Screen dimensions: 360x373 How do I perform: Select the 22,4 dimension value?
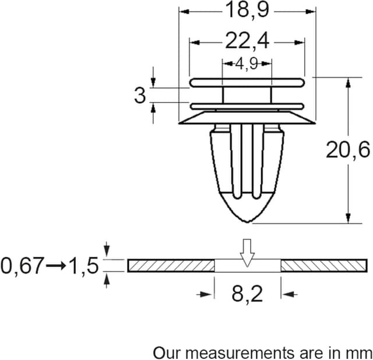(247, 42)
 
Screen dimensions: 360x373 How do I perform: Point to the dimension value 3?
(140, 95)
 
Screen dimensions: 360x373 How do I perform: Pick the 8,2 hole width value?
(248, 294)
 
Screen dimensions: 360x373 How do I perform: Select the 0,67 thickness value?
(22, 266)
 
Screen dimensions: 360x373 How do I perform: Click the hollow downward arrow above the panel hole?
(248, 252)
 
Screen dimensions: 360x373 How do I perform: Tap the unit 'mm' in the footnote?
(361, 352)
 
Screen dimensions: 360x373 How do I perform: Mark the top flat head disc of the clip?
(248, 83)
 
